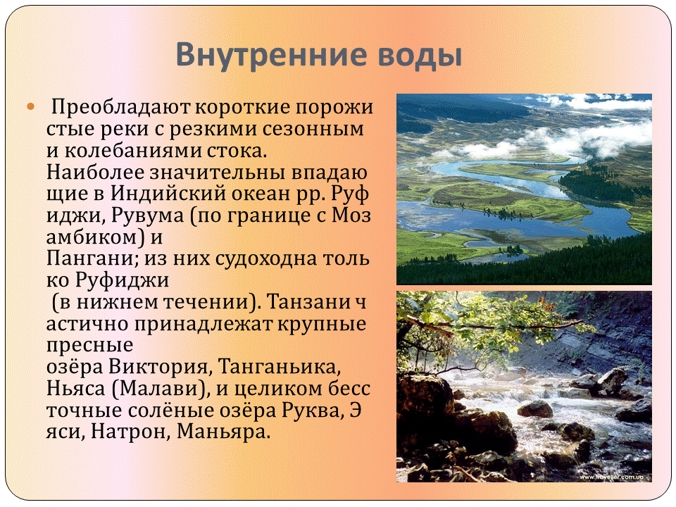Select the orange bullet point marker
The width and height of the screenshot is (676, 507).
tap(30, 106)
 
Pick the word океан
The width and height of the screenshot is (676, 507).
tap(261, 194)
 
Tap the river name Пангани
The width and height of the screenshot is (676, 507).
tap(92, 258)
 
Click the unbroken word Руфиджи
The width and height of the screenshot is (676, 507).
tap(123, 280)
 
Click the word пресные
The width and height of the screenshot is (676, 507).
tap(89, 346)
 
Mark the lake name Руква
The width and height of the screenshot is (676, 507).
tap(313, 411)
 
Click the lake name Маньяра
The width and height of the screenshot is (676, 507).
tap(223, 432)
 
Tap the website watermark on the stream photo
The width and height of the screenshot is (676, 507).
tap(611, 477)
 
